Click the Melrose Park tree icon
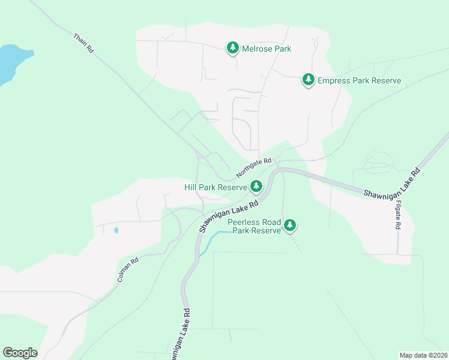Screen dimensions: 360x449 pyautogui.click(x=233, y=48)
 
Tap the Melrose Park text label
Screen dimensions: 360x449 pyautogui.click(x=267, y=49)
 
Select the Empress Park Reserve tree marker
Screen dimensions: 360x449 pyautogui.click(x=309, y=79)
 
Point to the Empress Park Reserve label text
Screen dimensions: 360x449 pyautogui.click(x=359, y=80)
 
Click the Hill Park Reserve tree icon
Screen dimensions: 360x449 pyautogui.click(x=256, y=187)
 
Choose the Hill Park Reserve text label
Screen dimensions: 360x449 pyautogui.click(x=215, y=187)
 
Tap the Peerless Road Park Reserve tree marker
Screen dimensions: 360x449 pyautogui.click(x=290, y=225)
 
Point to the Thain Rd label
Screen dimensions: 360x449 pyautogui.click(x=83, y=44)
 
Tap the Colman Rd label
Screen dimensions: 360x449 pyautogui.click(x=128, y=270)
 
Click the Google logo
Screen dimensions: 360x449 pyautogui.click(x=20, y=353)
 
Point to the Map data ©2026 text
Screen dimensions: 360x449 pyautogui.click(x=423, y=355)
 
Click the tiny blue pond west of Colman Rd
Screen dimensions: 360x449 pyautogui.click(x=116, y=230)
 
